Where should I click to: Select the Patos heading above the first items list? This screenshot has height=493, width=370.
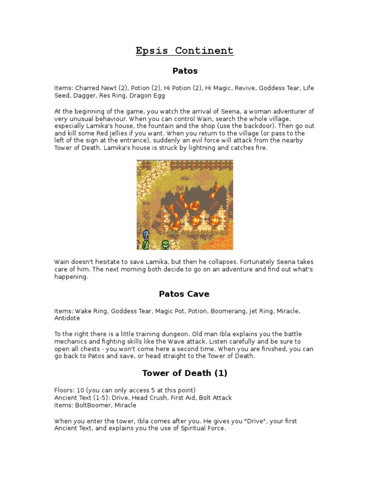point(185,71)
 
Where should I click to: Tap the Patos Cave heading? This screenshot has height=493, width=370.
point(185,294)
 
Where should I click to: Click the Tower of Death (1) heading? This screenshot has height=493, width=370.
point(185,373)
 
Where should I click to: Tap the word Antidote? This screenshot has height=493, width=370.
point(67,318)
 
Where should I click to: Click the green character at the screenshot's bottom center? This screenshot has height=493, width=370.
point(165,244)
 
